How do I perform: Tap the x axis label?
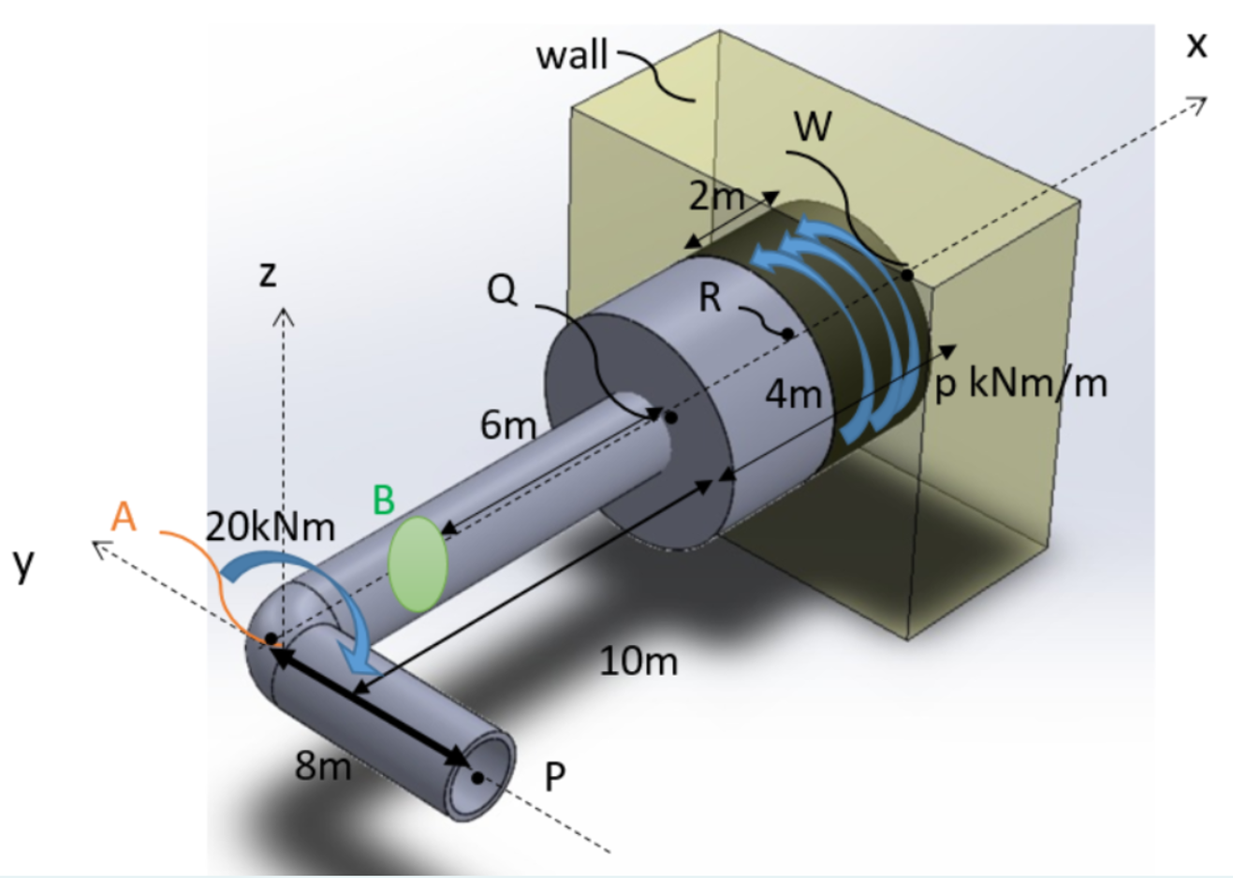[1196, 44]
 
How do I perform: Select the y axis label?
[23, 563]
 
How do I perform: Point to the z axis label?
[268, 273]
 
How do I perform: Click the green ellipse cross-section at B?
[418, 564]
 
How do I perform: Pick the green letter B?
[383, 500]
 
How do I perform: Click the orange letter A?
[124, 516]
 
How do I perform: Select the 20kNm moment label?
[270, 528]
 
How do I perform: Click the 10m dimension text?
[639, 661]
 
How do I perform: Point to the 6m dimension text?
[507, 425]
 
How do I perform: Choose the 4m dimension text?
[793, 394]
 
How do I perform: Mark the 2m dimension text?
[716, 197]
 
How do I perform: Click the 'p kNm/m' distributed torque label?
[1020, 383]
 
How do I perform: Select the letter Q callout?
[502, 290]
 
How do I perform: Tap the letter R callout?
[711, 298]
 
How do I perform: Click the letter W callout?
[812, 126]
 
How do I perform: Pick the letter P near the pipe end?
[555, 776]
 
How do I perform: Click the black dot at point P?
[477, 777]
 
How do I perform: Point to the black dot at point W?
[907, 275]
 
